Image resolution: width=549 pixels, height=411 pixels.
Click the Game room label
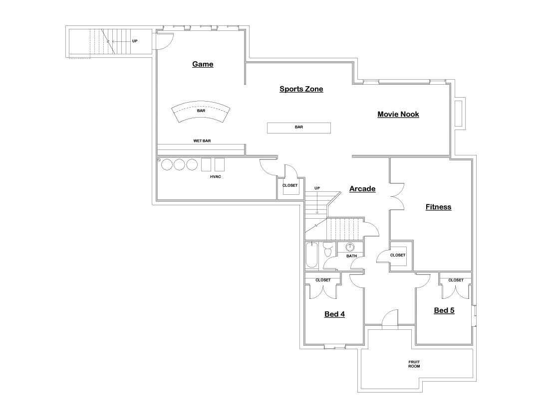pos(203,64)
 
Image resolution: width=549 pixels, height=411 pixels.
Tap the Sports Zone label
pos(301,89)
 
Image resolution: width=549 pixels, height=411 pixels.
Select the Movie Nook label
pos(398,115)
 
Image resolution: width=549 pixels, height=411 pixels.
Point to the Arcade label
pos(362,189)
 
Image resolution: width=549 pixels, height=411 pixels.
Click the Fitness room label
pos(438,207)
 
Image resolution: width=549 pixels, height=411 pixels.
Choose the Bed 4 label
pos(334,314)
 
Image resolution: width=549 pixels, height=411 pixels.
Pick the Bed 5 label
pos(444,311)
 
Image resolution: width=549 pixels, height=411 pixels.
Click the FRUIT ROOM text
pos(414,364)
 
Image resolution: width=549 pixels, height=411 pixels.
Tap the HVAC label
pos(216,176)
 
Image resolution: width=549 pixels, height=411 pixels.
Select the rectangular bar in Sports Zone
pos(299,128)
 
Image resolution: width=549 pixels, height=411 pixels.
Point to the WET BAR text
pos(202,141)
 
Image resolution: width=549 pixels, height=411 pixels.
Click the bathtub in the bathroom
pos(311,256)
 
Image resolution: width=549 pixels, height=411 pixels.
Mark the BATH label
pos(352,256)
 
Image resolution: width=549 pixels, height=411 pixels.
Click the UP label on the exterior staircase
pos(135,41)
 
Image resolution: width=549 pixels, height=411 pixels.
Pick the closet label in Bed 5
pos(455,280)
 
